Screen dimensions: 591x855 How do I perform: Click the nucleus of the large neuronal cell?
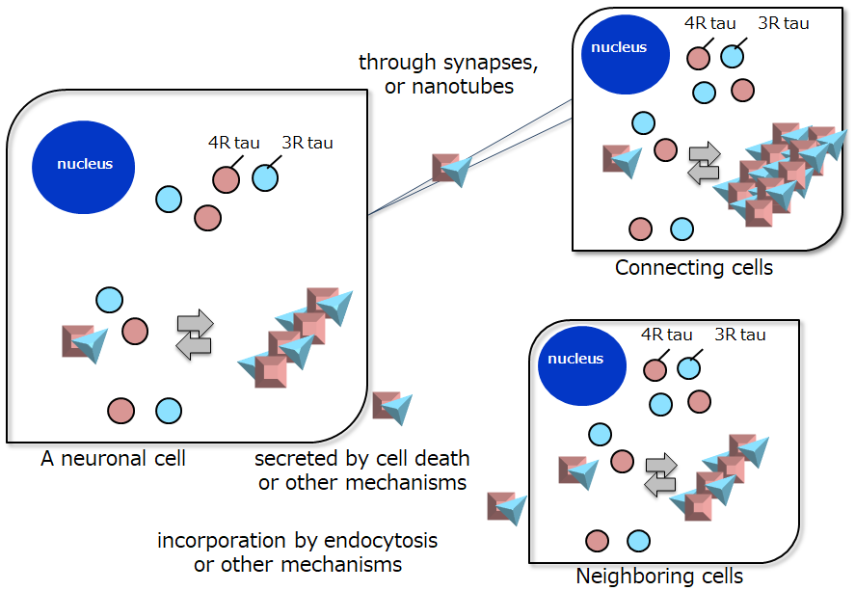pos(84,164)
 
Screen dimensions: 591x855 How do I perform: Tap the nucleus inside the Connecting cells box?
pos(618,48)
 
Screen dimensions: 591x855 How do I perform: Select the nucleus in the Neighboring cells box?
pos(575,360)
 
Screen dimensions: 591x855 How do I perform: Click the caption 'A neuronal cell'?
pos(113,459)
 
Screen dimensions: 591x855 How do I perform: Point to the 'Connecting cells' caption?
pos(694,267)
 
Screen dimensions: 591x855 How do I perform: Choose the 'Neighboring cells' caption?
pos(659,577)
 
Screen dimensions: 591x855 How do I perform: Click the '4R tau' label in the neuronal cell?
pos(233,143)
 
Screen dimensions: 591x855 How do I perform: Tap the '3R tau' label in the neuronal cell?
pos(307,143)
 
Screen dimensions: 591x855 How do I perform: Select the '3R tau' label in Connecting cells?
pos(783,23)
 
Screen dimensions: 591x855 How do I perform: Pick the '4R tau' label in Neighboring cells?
pos(666,335)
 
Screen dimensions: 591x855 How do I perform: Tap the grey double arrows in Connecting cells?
pos(704,161)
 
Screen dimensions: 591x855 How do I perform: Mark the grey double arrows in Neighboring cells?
pos(661,474)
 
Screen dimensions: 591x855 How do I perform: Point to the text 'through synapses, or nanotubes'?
pos(448,74)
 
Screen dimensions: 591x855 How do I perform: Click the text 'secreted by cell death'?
pos(362,459)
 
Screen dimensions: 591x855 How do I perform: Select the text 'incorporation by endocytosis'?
pos(297,541)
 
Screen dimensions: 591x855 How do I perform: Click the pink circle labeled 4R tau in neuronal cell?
pos(226,179)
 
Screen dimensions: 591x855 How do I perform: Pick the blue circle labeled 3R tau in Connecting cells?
pos(732,56)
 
